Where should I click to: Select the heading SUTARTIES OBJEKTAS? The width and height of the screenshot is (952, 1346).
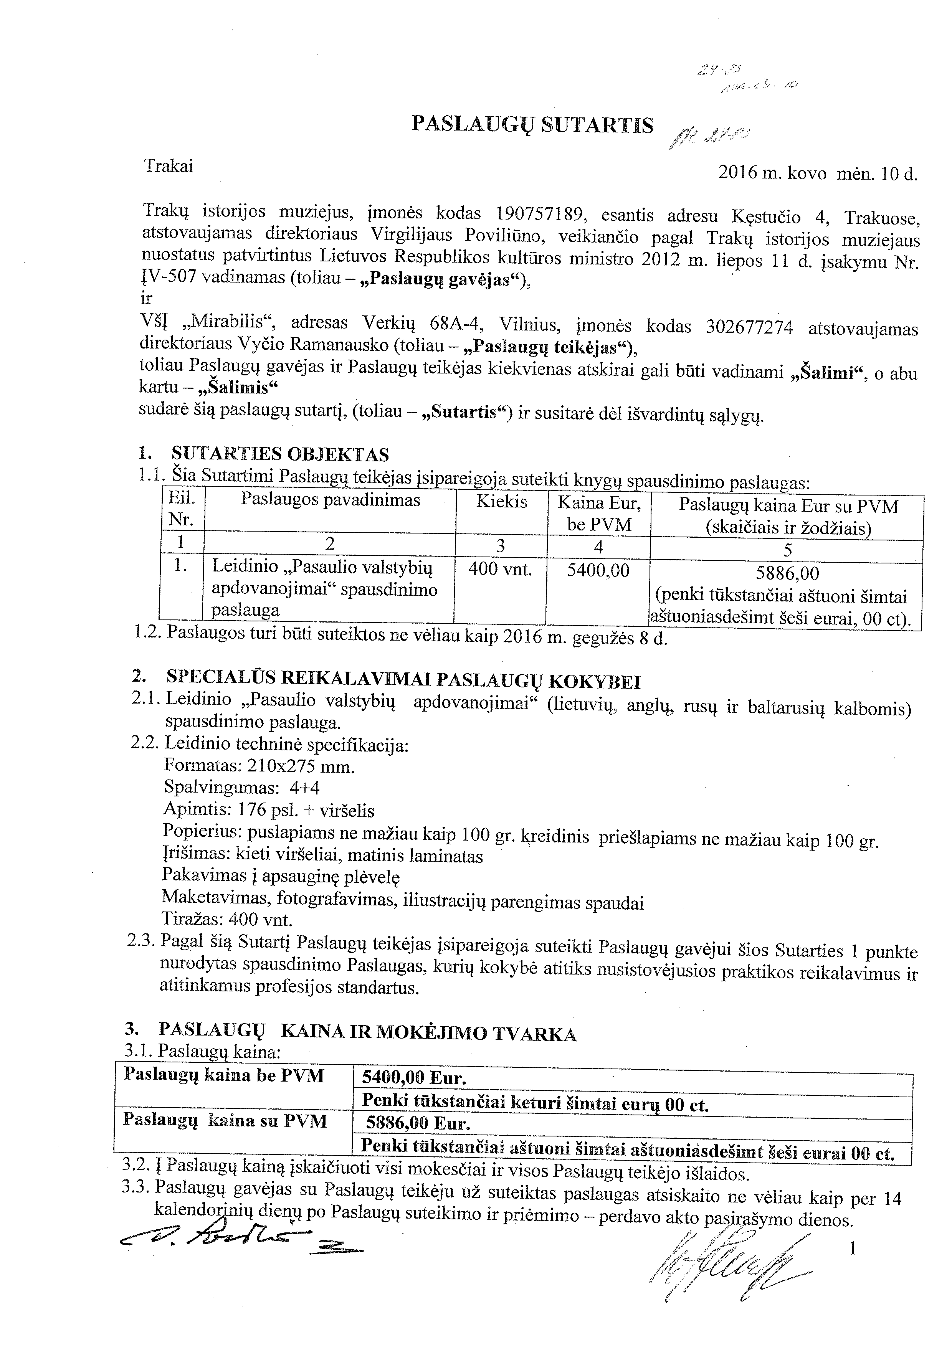[x=280, y=454]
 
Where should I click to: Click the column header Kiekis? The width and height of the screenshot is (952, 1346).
[x=501, y=502]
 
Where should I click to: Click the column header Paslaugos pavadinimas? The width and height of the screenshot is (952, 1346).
[x=331, y=500]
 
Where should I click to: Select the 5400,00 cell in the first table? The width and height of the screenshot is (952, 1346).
[x=598, y=570]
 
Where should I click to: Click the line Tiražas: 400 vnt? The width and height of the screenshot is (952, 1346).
[x=228, y=918]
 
